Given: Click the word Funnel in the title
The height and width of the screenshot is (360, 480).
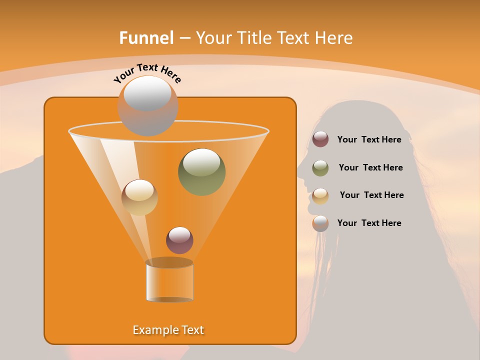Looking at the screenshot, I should [x=146, y=38].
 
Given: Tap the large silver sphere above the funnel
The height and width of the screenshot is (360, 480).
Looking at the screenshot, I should [x=147, y=105].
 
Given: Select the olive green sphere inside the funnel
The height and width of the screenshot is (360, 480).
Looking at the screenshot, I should [x=201, y=171].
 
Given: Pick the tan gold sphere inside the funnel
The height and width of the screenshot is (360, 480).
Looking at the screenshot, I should [x=139, y=197].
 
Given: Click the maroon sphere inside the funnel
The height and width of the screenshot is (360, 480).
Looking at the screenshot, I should [x=179, y=240].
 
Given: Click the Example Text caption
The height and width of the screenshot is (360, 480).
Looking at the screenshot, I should [x=168, y=330].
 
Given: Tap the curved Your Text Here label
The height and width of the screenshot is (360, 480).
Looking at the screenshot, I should [x=147, y=73].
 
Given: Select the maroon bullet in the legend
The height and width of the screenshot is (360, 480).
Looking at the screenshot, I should [x=320, y=139].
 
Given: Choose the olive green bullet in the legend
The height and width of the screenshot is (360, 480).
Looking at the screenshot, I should [x=320, y=168].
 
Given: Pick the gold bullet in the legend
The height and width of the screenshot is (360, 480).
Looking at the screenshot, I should [x=320, y=195].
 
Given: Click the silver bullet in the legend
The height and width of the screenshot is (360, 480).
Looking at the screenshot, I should [x=320, y=223].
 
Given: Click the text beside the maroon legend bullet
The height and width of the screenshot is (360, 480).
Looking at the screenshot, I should [x=369, y=139].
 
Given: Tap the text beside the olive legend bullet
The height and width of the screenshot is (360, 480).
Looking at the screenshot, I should [x=370, y=167].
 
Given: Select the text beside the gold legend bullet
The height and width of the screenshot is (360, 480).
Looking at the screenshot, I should [x=371, y=195].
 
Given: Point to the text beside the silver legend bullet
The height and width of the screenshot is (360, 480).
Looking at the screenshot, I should [x=369, y=223].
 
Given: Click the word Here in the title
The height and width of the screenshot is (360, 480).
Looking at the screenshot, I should [x=335, y=38].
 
